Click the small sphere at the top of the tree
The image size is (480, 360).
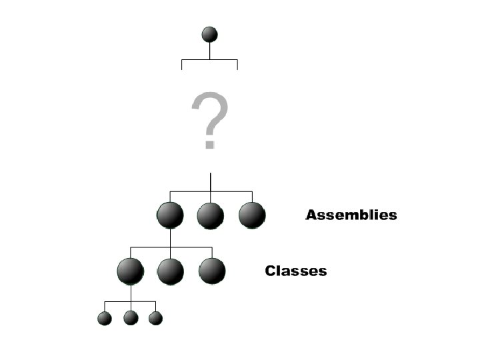coord(210,35)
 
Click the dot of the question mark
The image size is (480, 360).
coord(209,144)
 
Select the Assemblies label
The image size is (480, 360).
coord(351,215)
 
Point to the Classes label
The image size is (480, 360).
coord(296,271)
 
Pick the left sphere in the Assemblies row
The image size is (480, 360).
coord(170,215)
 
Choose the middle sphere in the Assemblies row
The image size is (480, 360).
coord(211,215)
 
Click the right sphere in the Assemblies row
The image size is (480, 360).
coord(252,215)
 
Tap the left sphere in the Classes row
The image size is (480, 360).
coord(130,271)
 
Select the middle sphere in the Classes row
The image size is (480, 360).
coord(171,271)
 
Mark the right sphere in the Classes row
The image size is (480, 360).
coord(212,271)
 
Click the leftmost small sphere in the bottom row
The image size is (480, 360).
coord(105,318)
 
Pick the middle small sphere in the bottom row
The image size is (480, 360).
coord(131,318)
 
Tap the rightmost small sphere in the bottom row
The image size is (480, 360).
coord(155,318)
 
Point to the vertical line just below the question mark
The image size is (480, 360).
coord(211,181)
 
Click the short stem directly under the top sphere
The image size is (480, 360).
coord(210,51)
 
